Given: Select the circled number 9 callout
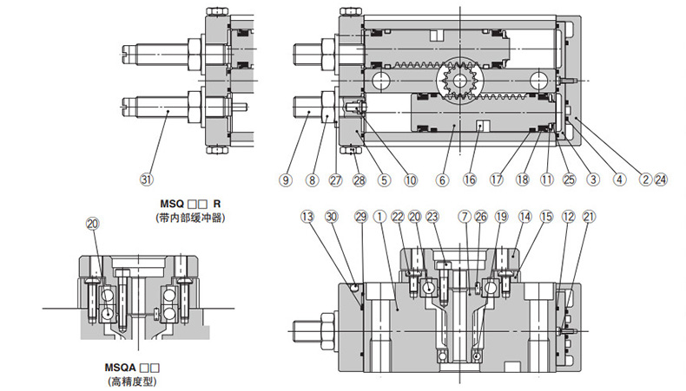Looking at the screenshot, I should pyautogui.click(x=284, y=180).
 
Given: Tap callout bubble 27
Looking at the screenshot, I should pyautogui.click(x=336, y=180).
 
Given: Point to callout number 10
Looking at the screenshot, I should pyautogui.click(x=410, y=180).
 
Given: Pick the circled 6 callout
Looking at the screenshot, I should pyautogui.click(x=442, y=180).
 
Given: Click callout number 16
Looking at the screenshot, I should pyautogui.click(x=470, y=180).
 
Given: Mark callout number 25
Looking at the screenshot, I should pyautogui.click(x=569, y=180).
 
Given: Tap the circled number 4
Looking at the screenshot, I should pyautogui.click(x=619, y=180).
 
